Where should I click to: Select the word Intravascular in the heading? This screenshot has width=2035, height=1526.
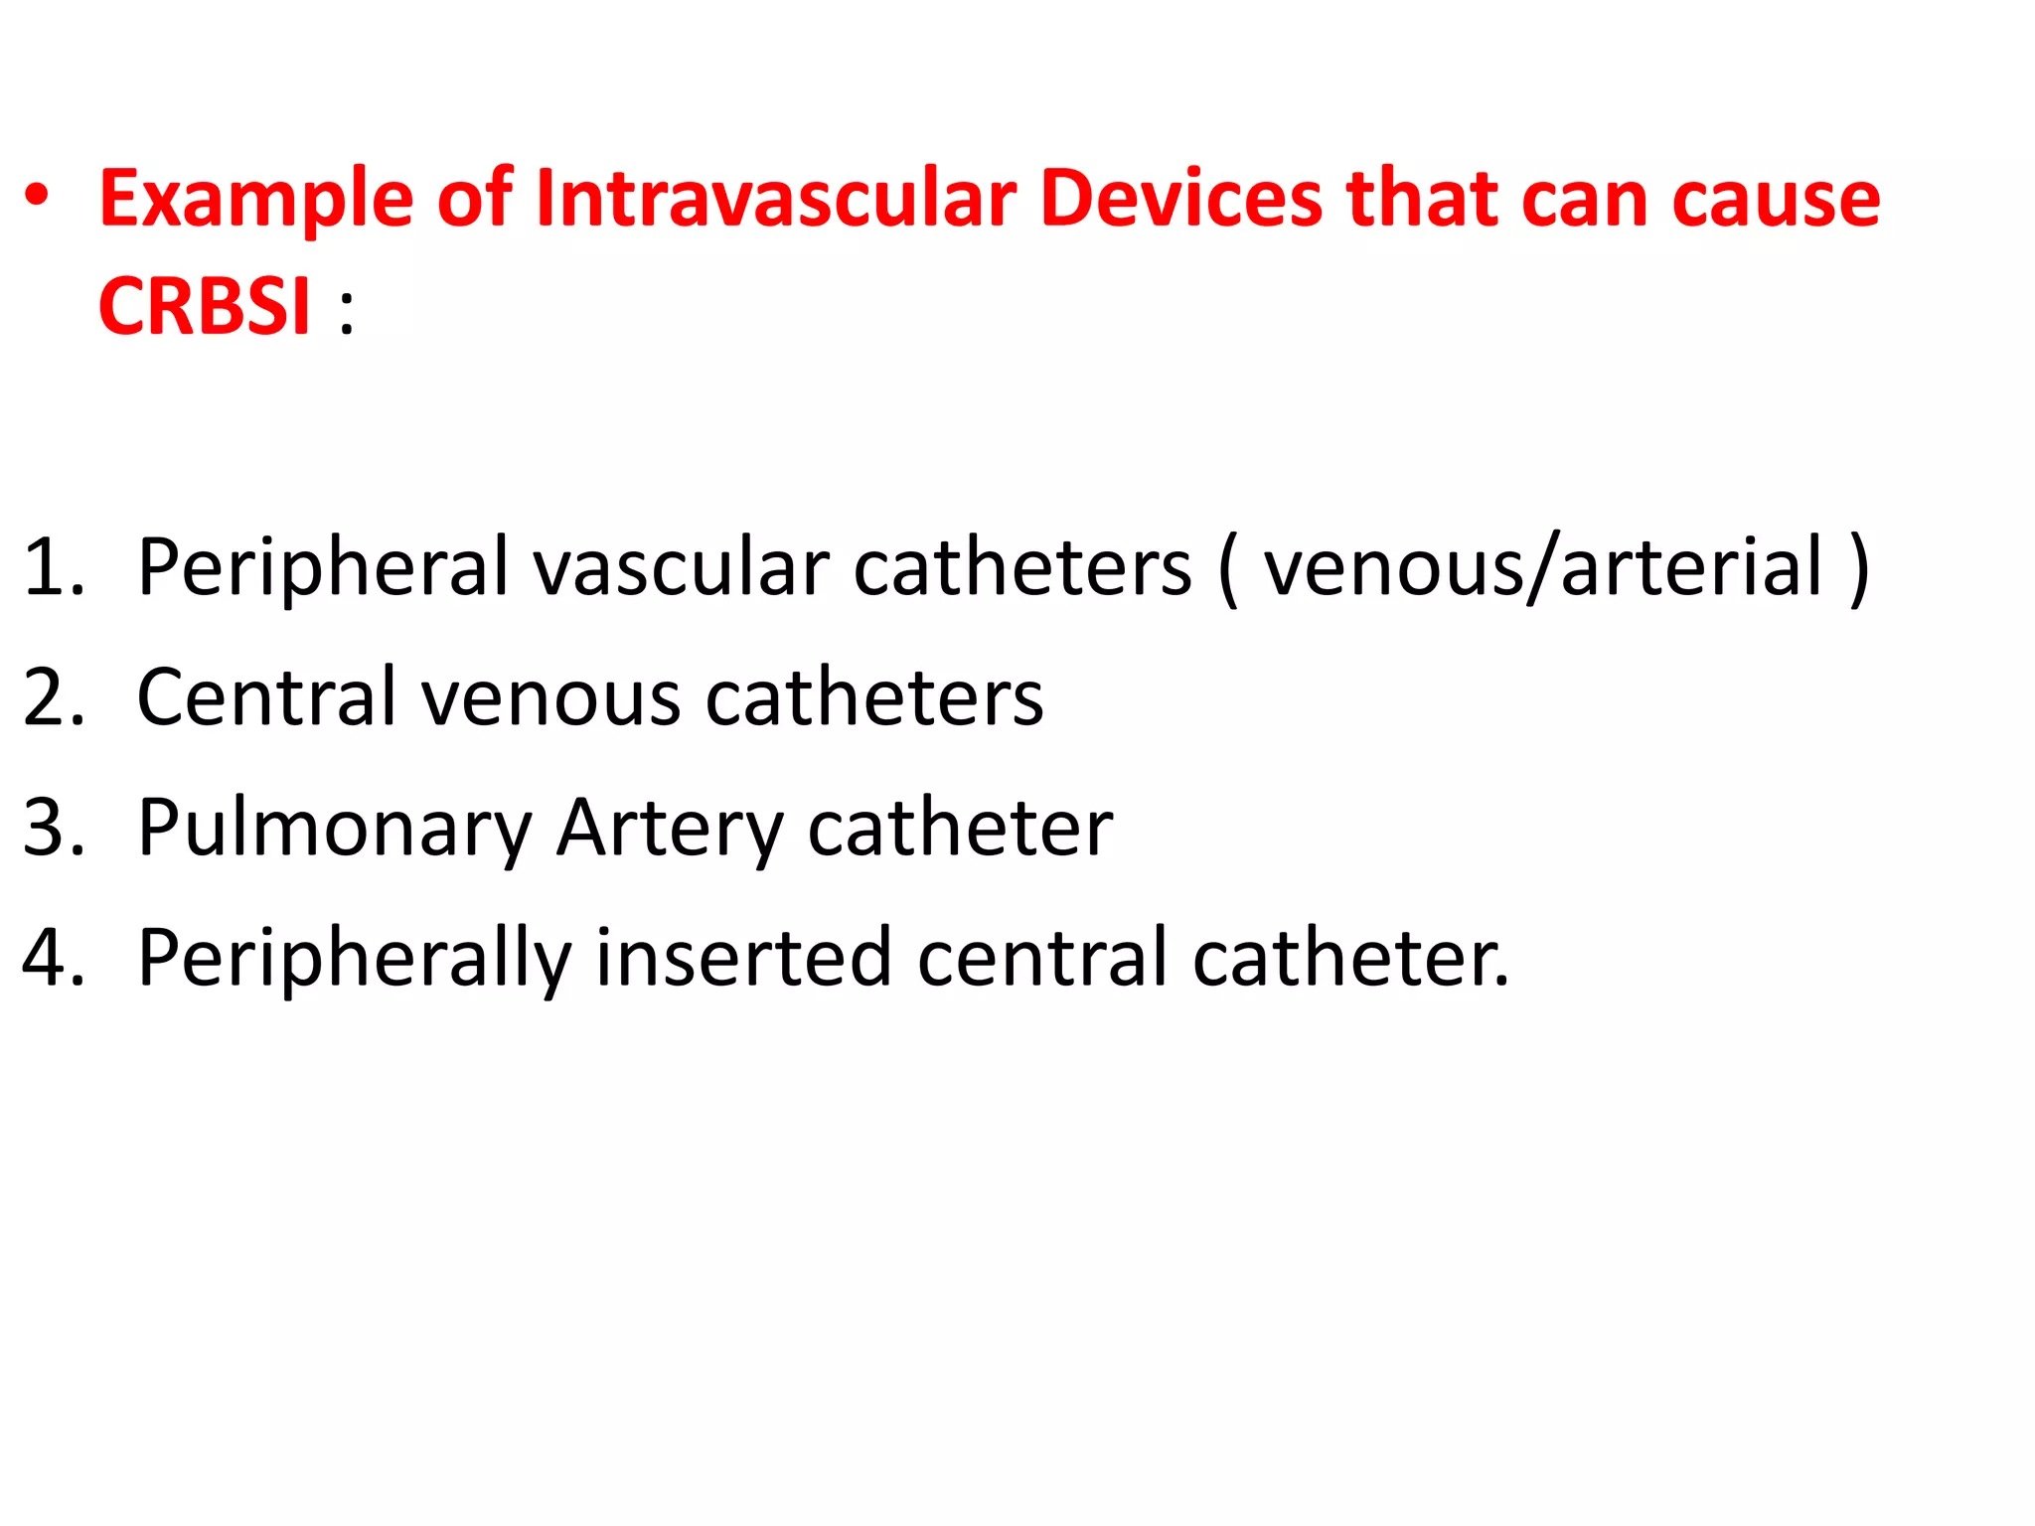point(776,198)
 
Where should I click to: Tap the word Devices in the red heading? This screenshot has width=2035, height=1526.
point(1181,198)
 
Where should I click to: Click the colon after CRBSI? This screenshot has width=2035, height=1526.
point(346,312)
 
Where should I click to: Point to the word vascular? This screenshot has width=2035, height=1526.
point(681,566)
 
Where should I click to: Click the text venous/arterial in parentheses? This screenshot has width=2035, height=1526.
point(1543,566)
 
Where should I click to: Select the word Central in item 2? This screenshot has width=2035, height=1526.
point(267,696)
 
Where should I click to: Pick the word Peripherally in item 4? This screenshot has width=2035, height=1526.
point(354,959)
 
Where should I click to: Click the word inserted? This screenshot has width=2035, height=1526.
point(743,957)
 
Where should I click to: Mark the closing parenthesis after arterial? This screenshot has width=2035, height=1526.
point(1859,568)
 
